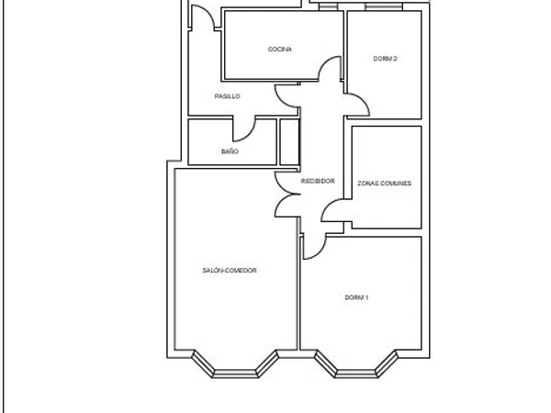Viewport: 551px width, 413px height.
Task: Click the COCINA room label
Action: tap(280, 50)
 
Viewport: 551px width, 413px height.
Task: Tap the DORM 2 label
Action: tap(385, 59)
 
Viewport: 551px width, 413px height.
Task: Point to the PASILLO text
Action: tap(228, 96)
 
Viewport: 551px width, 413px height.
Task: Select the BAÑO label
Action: tap(230, 151)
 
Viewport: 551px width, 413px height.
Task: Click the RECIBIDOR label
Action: tap(318, 181)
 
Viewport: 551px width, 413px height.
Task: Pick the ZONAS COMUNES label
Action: tap(385, 184)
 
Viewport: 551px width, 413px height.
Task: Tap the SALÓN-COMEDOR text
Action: tap(230, 270)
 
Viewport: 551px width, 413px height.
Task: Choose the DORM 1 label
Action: tap(356, 297)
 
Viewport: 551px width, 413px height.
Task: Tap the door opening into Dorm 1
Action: tap(319, 252)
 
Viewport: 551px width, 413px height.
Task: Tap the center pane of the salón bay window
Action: tap(235, 374)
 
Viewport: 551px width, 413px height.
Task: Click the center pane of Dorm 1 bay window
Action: tap(356, 374)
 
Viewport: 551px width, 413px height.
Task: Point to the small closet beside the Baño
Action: tap(289, 142)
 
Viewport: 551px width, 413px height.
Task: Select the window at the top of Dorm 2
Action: tap(383, 6)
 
